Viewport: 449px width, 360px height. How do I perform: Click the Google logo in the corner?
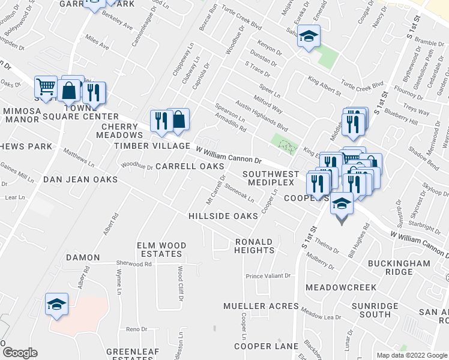click(20, 352)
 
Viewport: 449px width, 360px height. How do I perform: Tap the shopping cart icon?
click(46, 88)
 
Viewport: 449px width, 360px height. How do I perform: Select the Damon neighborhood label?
click(83, 257)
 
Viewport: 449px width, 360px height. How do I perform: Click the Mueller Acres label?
click(261, 306)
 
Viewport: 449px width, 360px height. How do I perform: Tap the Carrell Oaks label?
click(190, 166)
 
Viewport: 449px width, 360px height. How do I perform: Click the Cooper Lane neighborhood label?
click(266, 346)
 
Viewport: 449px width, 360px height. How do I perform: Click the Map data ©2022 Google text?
click(412, 355)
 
